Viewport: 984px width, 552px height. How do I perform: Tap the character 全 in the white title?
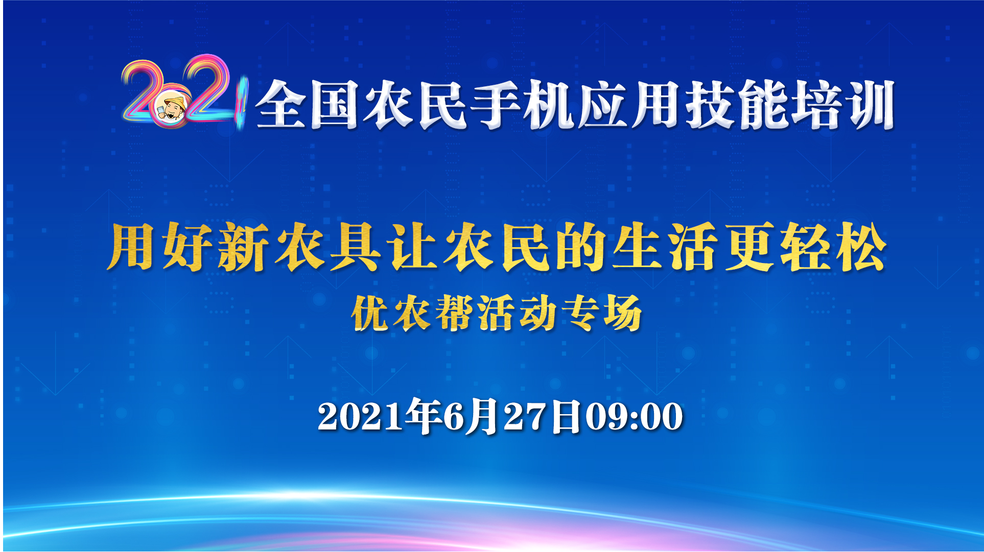click(x=282, y=104)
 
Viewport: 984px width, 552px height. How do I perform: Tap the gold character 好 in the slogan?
click(x=188, y=247)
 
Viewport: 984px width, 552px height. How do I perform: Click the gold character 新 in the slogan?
click(x=243, y=247)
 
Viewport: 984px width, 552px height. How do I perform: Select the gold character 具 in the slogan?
click(x=355, y=247)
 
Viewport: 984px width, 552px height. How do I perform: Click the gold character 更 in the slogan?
click(x=749, y=247)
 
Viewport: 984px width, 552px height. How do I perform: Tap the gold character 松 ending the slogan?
click(x=861, y=247)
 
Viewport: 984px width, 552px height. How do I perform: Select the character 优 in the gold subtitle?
click(x=370, y=313)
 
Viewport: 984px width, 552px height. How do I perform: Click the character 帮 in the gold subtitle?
click(x=454, y=313)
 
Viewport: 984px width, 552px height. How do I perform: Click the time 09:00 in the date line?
click(x=634, y=416)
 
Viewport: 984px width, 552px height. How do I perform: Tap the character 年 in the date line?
click(x=424, y=416)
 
